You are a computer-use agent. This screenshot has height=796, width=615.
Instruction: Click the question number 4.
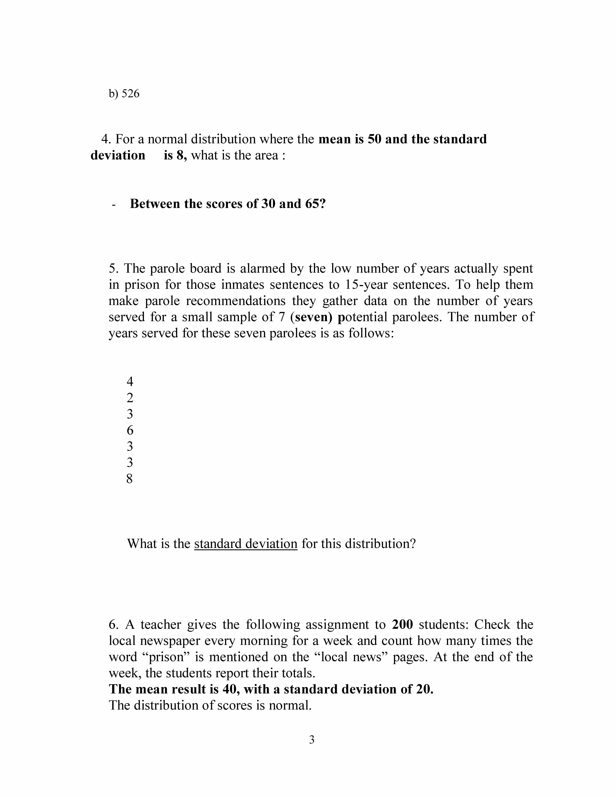coord(106,139)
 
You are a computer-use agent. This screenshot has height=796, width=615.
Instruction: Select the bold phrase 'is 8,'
coord(175,155)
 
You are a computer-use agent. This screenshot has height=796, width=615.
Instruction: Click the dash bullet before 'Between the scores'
coord(114,205)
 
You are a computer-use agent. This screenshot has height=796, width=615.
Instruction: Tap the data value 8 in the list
coord(130,479)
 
